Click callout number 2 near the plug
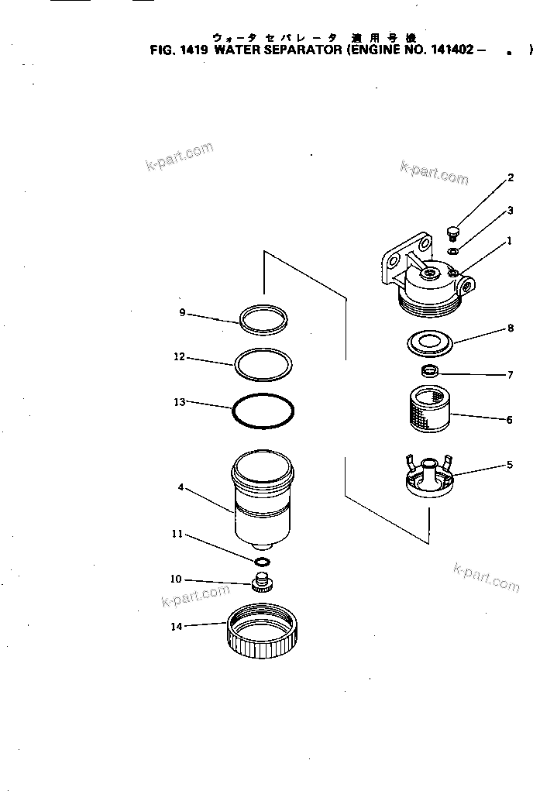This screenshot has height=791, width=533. [511, 178]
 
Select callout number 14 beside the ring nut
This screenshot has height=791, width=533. [177, 627]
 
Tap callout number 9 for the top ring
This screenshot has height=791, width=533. [182, 312]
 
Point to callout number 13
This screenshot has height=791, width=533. [181, 402]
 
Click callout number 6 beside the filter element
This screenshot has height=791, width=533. [509, 420]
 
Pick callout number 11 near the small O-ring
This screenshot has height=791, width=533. [177, 534]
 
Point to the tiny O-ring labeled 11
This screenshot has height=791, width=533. [262, 561]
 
